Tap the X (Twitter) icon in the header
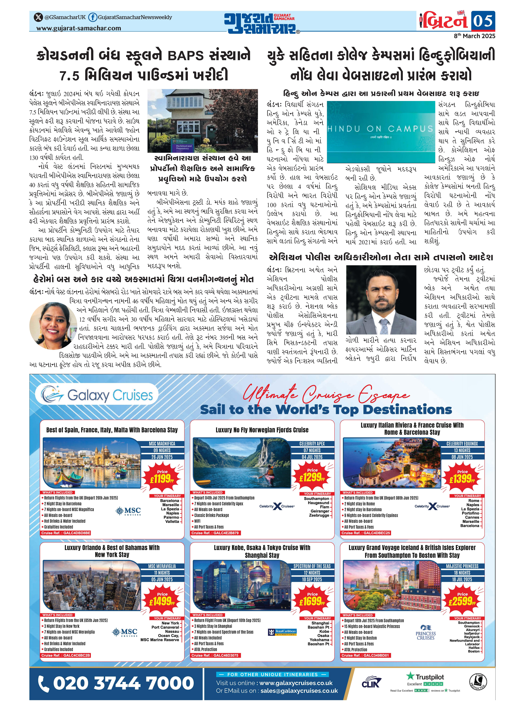click(x=38, y=17)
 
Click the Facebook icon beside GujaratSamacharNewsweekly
click(x=92, y=17)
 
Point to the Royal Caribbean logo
click(x=282, y=632)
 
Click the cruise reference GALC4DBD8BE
click(x=66, y=533)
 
